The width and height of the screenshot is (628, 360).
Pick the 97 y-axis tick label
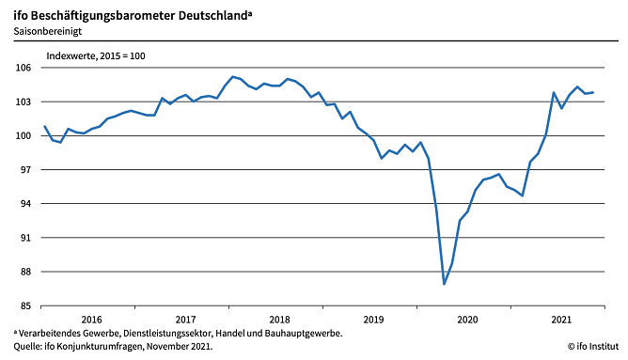24,170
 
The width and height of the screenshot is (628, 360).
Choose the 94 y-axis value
24,204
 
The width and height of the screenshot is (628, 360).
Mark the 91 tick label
24,238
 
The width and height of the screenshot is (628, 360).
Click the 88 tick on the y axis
24,272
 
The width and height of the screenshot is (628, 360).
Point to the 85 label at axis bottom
24,305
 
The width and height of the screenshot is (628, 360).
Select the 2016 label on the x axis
91,320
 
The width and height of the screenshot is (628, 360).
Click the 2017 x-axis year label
185,320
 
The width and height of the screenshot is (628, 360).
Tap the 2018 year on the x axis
279,320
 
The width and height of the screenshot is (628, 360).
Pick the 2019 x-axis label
373,320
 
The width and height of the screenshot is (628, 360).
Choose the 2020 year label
467,320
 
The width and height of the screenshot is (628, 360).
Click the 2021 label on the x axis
561,320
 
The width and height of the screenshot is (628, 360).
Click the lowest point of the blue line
445,283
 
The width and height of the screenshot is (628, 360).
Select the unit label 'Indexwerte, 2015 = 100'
96,55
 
